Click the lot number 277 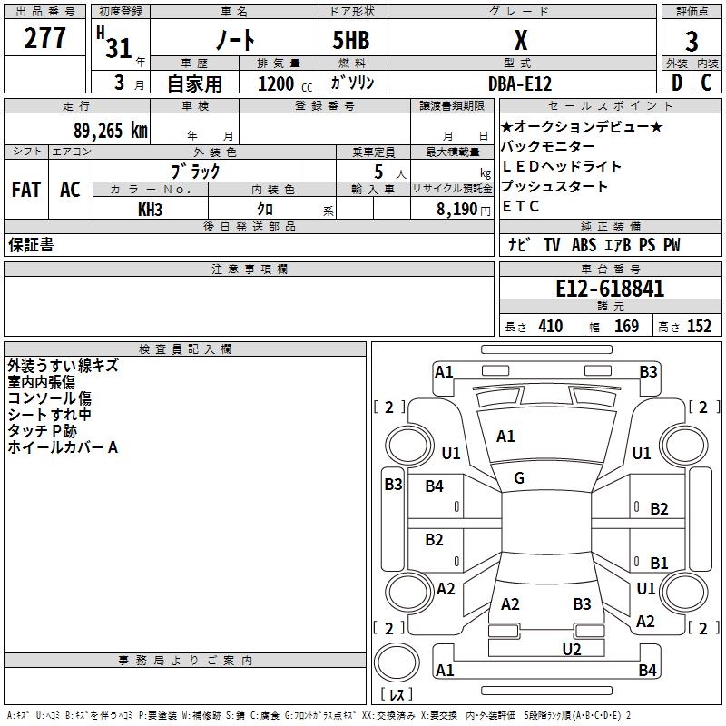click(x=46, y=39)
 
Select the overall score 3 click(x=692, y=42)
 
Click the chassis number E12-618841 click(x=610, y=289)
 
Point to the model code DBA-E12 click(x=519, y=83)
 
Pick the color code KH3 click(x=150, y=210)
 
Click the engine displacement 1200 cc click(x=276, y=83)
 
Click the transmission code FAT click(x=25, y=190)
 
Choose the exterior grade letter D click(x=677, y=83)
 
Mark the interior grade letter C click(x=706, y=83)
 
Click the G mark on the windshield click(x=519, y=478)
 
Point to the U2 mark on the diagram click(x=571, y=649)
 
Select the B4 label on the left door click(x=435, y=486)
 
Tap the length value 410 click(x=550, y=327)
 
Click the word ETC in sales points click(x=521, y=206)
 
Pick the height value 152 click(x=699, y=327)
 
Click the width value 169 click(x=626, y=327)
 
